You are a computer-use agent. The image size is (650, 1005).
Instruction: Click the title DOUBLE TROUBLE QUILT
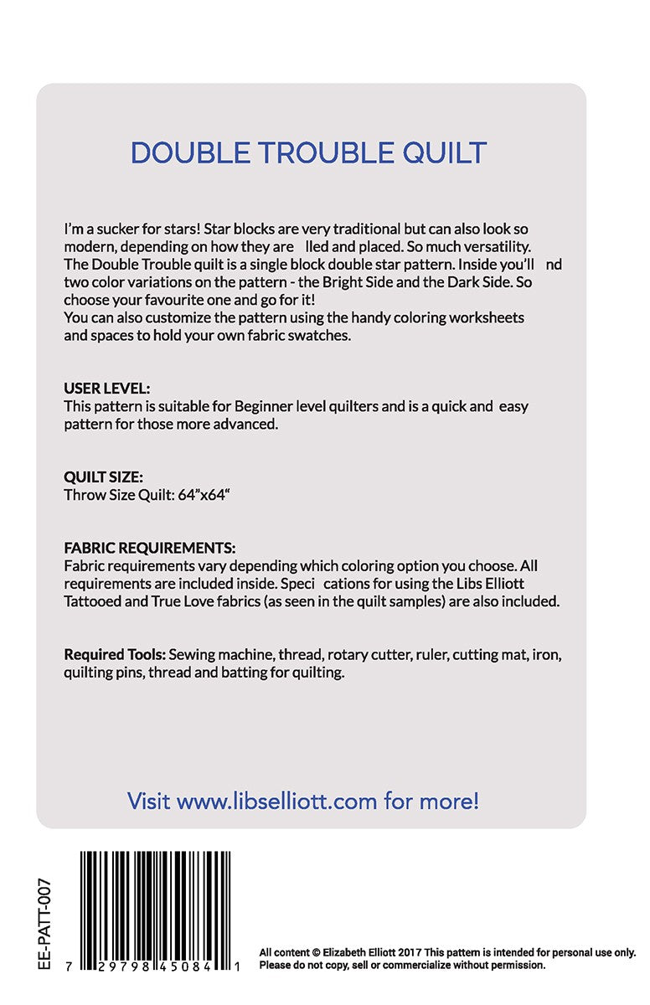(x=308, y=153)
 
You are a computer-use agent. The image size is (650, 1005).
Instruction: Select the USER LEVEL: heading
(x=107, y=389)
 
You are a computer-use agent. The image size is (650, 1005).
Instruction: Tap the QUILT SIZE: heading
(x=103, y=477)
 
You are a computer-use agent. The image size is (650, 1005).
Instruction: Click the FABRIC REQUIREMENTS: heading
(x=150, y=549)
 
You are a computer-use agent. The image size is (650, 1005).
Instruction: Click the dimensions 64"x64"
(x=204, y=495)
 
